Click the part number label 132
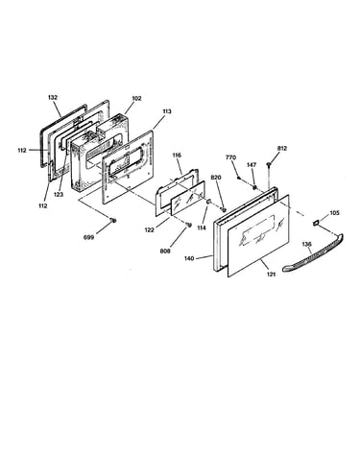coord(53,97)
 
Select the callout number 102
coord(136,98)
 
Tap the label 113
coord(166,111)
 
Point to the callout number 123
coord(59,194)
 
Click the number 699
coord(88,237)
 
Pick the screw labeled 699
coord(112,220)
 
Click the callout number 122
coord(149,229)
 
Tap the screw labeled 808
coord(188,225)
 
